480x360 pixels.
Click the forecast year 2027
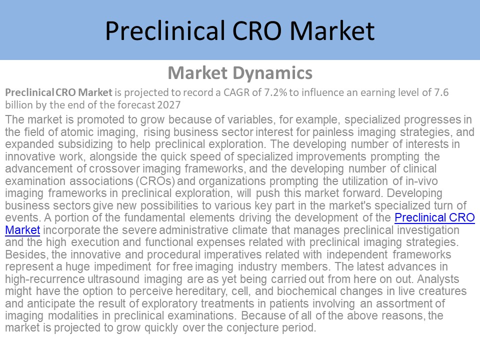[x=169, y=104]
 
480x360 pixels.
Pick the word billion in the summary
[x=18, y=104]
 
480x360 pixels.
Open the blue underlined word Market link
[x=22, y=230]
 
